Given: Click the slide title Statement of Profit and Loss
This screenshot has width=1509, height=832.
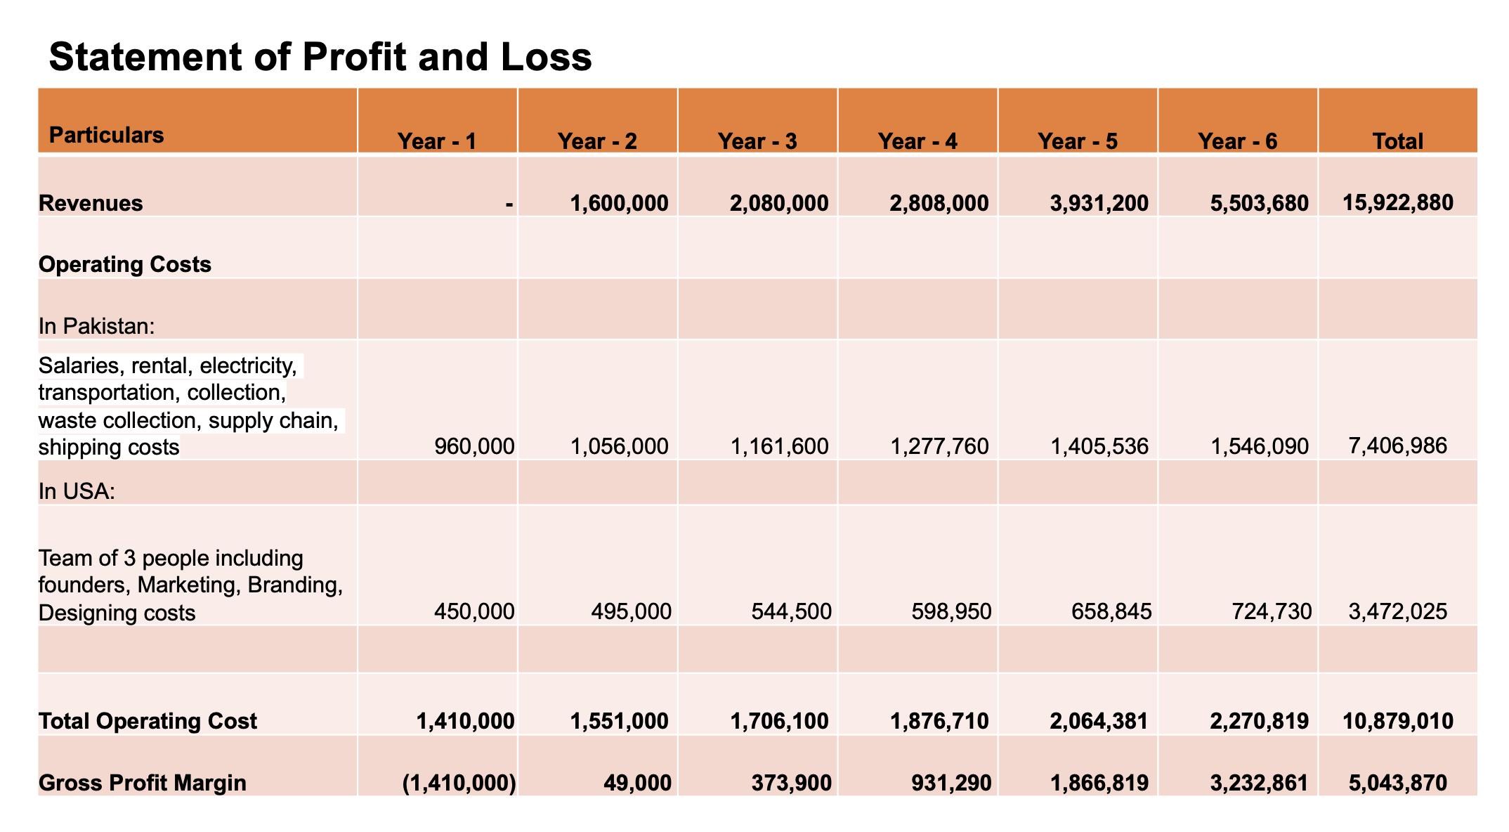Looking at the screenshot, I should click(320, 57).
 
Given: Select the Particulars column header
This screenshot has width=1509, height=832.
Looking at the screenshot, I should click(106, 135).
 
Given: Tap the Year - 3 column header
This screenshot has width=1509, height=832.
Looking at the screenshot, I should click(757, 141).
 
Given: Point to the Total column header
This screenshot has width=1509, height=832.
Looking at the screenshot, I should click(1397, 141).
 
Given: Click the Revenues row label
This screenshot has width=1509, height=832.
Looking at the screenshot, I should click(91, 203).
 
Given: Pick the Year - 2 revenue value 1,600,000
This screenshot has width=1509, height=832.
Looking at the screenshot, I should click(619, 203).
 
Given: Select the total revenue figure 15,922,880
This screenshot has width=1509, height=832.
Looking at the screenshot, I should click(1397, 202).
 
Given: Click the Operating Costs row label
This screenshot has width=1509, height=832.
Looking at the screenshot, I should click(125, 264).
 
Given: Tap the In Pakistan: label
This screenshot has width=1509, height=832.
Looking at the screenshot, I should click(96, 326).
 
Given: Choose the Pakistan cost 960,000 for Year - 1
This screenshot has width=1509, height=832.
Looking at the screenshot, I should click(474, 446).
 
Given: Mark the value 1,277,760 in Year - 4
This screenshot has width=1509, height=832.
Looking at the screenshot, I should click(939, 446).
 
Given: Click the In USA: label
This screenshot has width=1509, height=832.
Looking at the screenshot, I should click(77, 490).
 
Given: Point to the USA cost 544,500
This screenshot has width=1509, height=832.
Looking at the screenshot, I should click(791, 611).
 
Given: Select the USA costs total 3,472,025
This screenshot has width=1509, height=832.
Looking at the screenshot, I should click(1397, 611).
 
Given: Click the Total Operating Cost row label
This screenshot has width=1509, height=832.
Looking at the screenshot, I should click(148, 721).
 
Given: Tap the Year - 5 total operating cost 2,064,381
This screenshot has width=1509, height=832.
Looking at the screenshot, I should click(1099, 721).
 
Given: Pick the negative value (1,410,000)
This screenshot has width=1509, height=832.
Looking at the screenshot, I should click(459, 783).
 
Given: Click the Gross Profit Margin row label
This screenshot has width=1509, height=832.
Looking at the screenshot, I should click(143, 783).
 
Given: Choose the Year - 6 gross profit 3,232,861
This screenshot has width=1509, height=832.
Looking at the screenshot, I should click(1259, 783).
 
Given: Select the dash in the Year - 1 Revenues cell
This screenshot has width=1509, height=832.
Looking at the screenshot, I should click(509, 204).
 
